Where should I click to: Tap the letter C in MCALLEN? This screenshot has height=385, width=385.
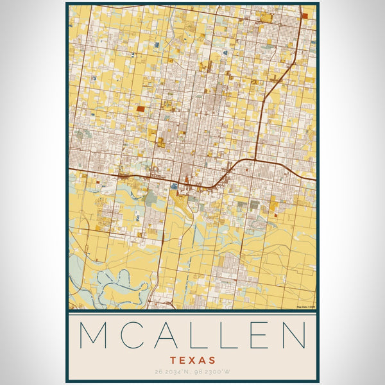click(x=128, y=336)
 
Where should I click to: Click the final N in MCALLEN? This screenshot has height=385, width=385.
click(x=292, y=336)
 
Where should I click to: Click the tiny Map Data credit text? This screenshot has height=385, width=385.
click(x=305, y=307)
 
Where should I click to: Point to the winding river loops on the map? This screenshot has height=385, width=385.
click(x=109, y=282)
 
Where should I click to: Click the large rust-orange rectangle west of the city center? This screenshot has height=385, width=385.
click(x=141, y=110)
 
